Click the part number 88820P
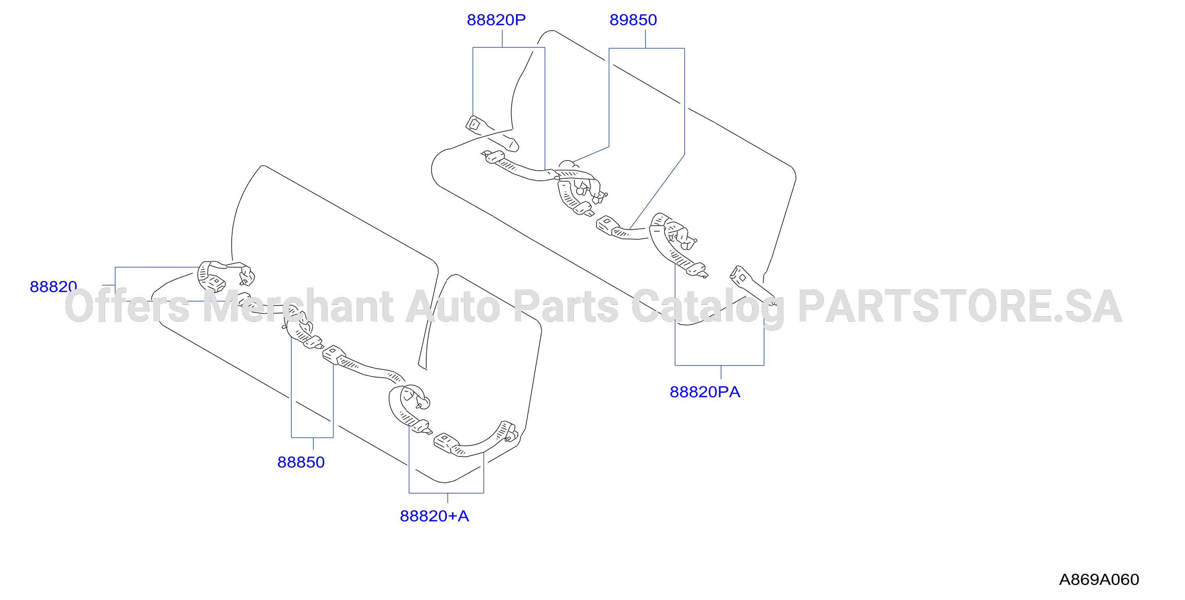(496, 20)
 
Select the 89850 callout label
(633, 20)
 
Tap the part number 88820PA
(705, 392)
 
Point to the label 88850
(301, 462)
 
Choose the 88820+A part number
(434, 516)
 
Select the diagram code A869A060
(1099, 579)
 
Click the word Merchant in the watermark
(298, 306)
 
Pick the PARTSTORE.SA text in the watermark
(960, 306)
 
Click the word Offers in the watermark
(127, 306)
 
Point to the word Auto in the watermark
(453, 306)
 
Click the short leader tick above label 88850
(313, 444)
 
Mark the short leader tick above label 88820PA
(721, 372)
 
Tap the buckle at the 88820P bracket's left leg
(474, 124)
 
